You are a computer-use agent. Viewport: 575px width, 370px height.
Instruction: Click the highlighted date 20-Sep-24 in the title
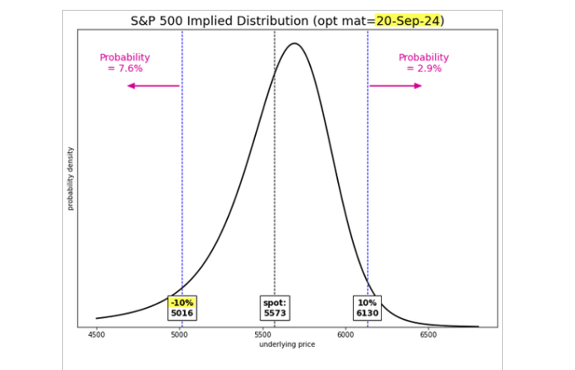pyautogui.click(x=408, y=20)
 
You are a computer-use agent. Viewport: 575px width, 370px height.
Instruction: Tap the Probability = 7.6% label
pyautogui.click(x=125, y=63)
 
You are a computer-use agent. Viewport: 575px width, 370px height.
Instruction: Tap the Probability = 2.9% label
pyautogui.click(x=423, y=63)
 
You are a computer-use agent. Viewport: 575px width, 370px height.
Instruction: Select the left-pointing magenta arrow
pyautogui.click(x=153, y=85)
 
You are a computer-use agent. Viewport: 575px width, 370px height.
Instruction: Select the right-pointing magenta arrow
pyautogui.click(x=395, y=85)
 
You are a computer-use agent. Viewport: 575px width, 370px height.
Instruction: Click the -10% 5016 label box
pyautogui.click(x=181, y=308)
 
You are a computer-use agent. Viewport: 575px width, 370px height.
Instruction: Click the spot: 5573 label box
pyautogui.click(x=274, y=308)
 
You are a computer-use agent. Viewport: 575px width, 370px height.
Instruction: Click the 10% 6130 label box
pyautogui.click(x=367, y=308)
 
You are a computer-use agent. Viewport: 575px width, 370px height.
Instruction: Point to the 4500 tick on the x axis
pyautogui.click(x=96, y=335)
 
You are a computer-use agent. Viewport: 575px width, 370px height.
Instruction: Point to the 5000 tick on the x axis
pyautogui.click(x=179, y=335)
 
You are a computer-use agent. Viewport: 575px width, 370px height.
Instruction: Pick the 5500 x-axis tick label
pyautogui.click(x=263, y=335)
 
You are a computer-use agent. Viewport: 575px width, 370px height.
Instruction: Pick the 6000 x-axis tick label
pyautogui.click(x=345, y=335)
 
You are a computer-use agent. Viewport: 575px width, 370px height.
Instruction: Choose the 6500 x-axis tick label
pyautogui.click(x=428, y=335)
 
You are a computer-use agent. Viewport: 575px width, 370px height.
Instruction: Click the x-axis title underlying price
pyautogui.click(x=287, y=344)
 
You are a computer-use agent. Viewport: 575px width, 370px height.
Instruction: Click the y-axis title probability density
pyautogui.click(x=70, y=178)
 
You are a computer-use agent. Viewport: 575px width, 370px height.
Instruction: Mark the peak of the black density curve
pyautogui.click(x=294, y=43)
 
